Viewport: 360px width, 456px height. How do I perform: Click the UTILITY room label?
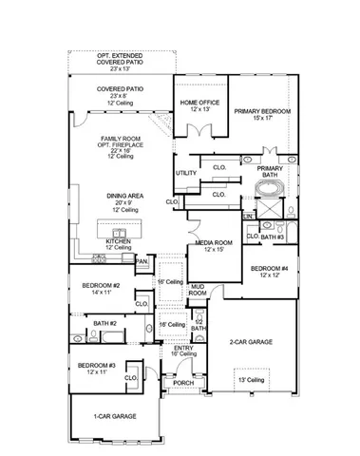[186, 172]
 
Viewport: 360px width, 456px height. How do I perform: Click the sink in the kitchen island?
[121, 232]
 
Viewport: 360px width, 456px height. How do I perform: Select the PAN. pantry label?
[142, 260]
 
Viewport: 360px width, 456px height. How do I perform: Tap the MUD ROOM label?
[197, 290]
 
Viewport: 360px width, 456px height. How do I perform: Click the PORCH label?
[182, 384]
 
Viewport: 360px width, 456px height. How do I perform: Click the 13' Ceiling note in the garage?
[253, 380]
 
